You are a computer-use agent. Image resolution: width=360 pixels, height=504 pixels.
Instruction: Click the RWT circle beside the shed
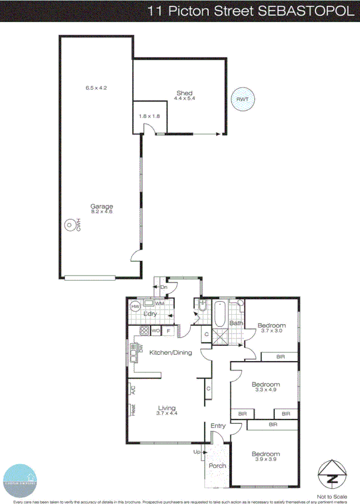242,99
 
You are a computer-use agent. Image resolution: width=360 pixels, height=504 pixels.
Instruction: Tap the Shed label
184,93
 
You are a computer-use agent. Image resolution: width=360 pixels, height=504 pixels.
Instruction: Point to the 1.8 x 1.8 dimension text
150,116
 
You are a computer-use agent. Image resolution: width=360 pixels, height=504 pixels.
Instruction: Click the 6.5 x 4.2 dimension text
96,88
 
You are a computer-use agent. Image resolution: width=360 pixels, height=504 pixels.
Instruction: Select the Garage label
101,206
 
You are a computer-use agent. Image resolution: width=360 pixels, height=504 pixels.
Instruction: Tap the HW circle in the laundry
135,306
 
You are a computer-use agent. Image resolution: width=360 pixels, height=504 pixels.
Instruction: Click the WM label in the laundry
159,303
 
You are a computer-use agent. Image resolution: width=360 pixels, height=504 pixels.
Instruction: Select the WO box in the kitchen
156,331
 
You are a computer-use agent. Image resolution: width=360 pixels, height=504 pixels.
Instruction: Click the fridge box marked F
169,331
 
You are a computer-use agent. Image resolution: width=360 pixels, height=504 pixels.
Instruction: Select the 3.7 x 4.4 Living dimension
167,414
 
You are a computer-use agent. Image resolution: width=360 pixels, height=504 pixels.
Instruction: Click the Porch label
217,466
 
